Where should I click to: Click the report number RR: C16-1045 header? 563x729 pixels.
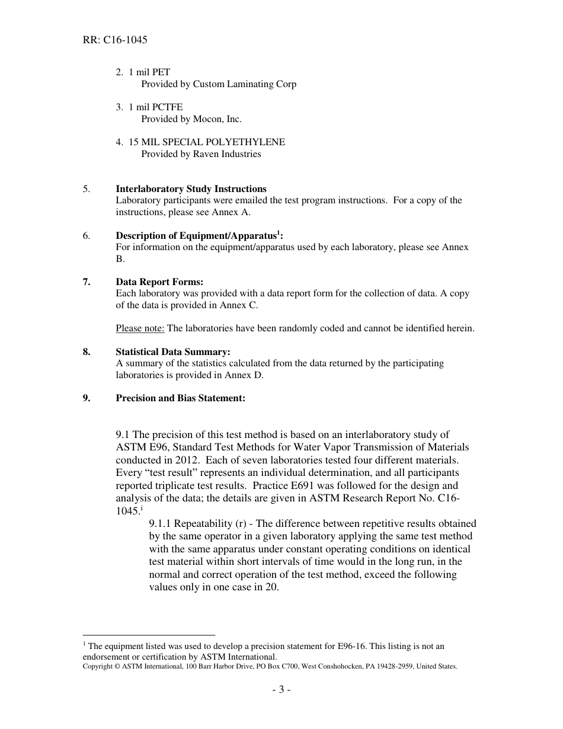tap(115, 40)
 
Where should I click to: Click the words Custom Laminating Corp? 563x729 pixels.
tap(245, 84)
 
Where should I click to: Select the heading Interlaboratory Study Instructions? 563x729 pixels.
tap(191, 189)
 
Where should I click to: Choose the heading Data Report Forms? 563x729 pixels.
tap(159, 282)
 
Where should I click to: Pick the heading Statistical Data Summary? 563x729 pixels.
tap(173, 352)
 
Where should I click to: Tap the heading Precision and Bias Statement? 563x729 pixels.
tap(180, 398)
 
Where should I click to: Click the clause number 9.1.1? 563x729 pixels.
tap(163, 524)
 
